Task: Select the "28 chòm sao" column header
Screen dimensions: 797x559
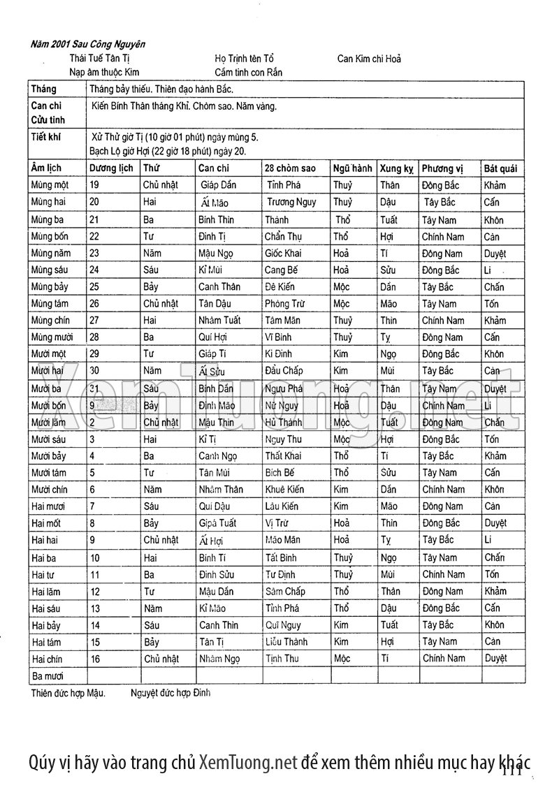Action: (x=290, y=168)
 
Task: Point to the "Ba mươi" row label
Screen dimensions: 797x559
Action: (x=48, y=676)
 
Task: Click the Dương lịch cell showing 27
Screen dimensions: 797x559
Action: (x=95, y=321)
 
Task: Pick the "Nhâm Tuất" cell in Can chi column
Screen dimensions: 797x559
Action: (x=219, y=321)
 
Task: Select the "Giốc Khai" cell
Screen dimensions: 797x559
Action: (x=283, y=253)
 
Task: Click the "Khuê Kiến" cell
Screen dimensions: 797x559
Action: (x=284, y=490)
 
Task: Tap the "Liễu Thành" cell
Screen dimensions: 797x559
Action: (x=287, y=641)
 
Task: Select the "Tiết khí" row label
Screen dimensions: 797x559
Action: (x=45, y=137)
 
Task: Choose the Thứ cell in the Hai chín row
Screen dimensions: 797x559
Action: (x=161, y=659)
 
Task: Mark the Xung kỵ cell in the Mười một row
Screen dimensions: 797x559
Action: (x=389, y=354)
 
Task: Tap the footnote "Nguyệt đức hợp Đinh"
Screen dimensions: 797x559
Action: (x=170, y=694)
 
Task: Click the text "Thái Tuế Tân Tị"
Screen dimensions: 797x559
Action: (x=100, y=59)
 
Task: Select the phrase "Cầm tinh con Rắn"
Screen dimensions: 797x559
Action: (x=249, y=72)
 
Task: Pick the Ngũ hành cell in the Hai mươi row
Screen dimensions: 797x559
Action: (x=341, y=506)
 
